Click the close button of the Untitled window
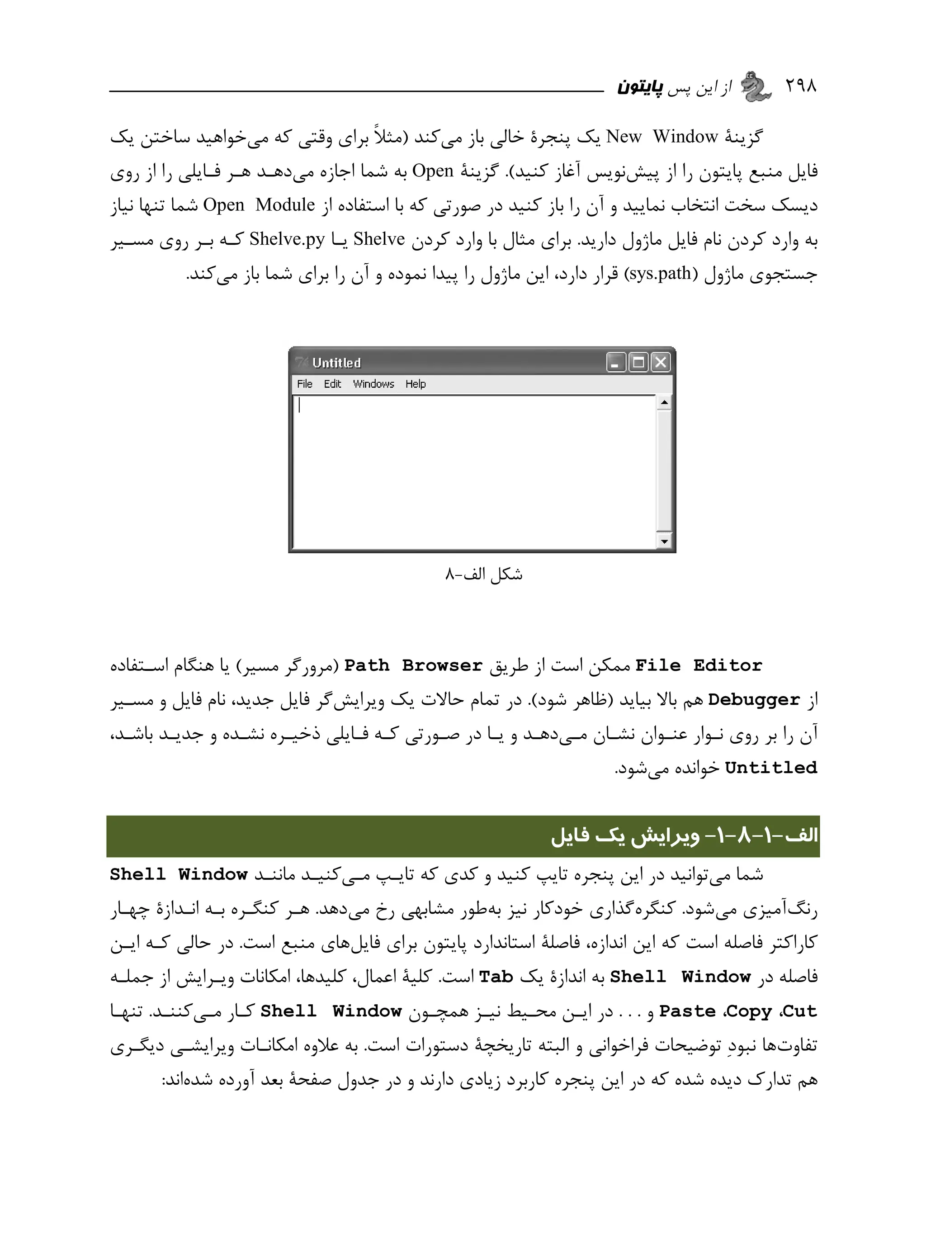point(661,363)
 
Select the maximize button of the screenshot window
point(638,363)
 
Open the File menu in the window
point(304,384)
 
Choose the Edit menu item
point(332,384)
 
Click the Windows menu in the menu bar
point(373,384)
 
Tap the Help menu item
point(416,384)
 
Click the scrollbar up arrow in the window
point(664,402)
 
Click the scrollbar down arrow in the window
point(664,541)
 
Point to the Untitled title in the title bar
point(336,363)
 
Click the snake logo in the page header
point(756,86)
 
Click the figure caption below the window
point(483,574)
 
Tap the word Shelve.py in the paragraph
point(287,239)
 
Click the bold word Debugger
point(753,700)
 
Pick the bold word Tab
point(496,977)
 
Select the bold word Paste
point(687,1011)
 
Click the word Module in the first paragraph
point(285,205)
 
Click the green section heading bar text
point(684,836)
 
